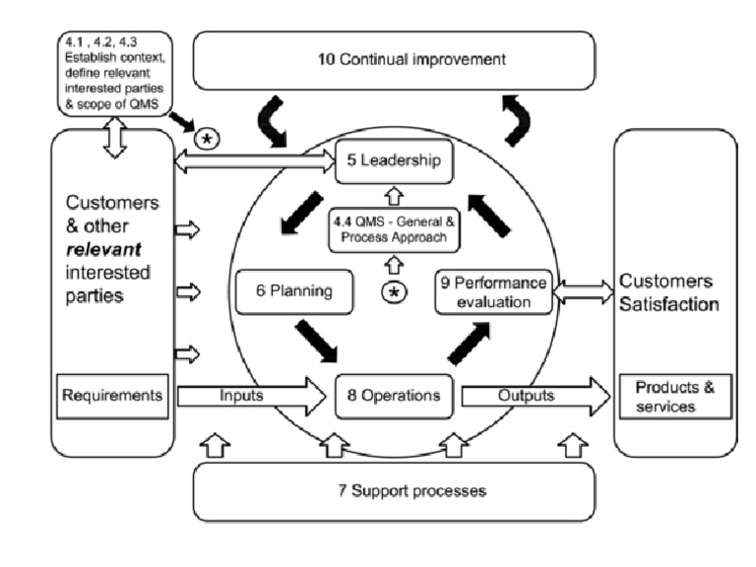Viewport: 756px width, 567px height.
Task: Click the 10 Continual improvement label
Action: pyautogui.click(x=395, y=60)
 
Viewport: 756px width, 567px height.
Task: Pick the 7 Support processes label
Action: pyautogui.click(x=394, y=489)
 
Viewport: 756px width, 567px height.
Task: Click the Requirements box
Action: pyautogui.click(x=110, y=397)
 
